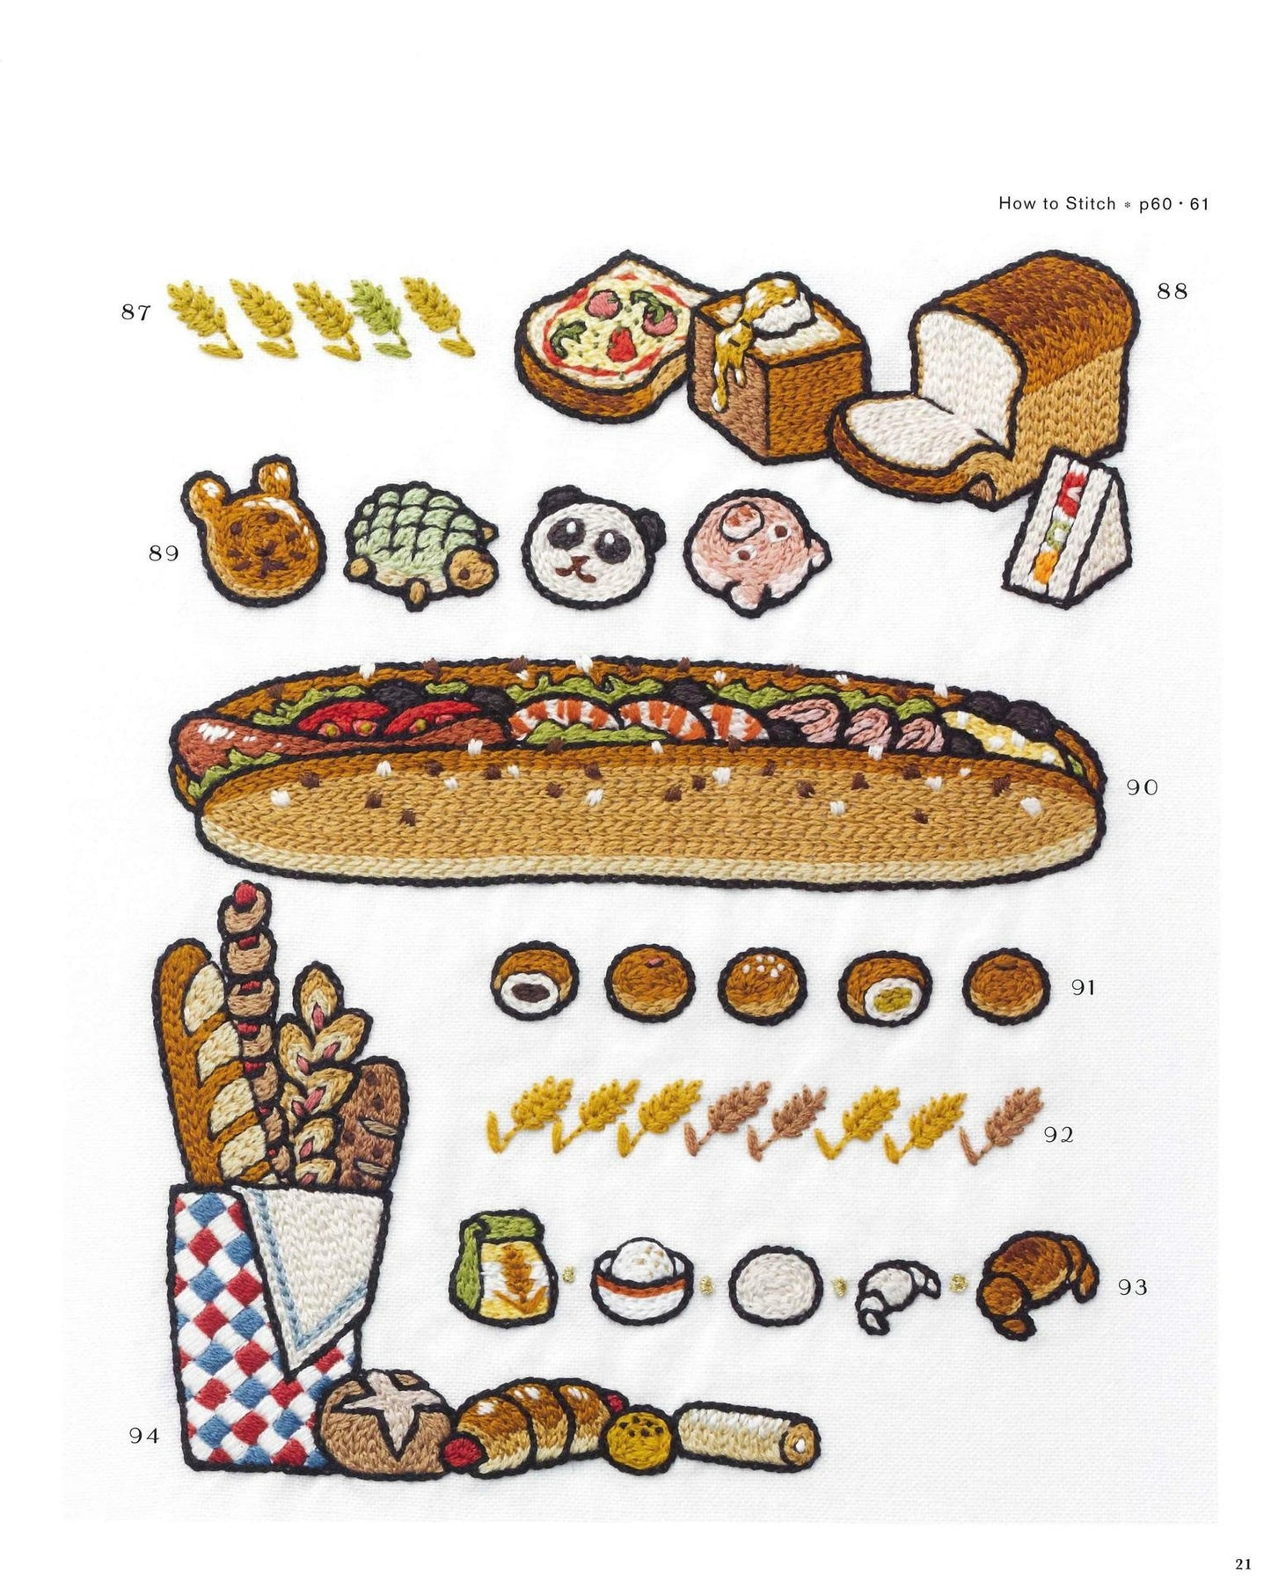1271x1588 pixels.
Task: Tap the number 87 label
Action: point(136,312)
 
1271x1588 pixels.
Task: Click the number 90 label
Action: point(1142,787)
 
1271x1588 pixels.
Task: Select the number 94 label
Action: point(144,1436)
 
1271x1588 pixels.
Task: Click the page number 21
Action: point(1242,1563)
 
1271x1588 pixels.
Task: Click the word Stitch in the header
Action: point(1091,203)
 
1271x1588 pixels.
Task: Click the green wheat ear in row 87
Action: point(379,318)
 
